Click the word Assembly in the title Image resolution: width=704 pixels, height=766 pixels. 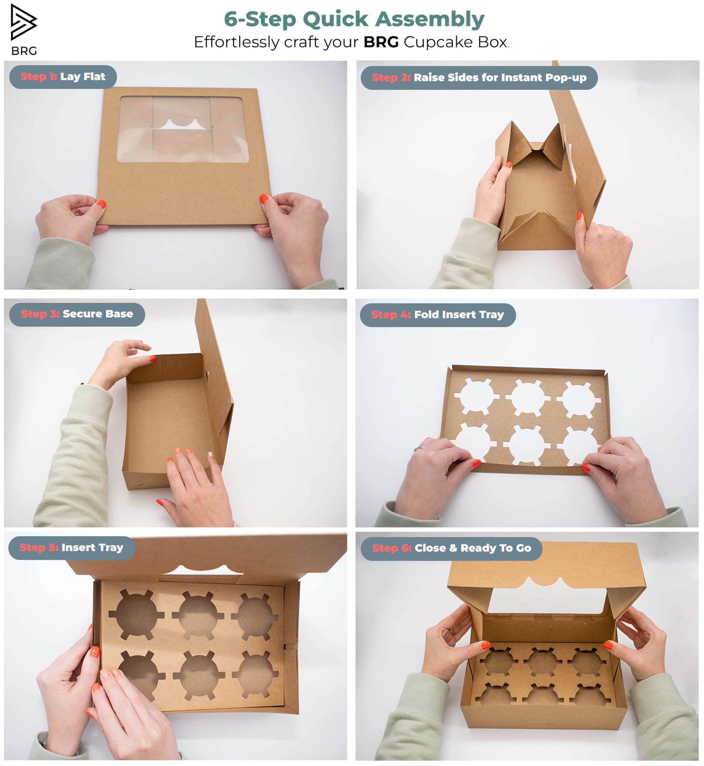430,19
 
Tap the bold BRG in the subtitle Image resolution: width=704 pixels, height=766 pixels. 381,42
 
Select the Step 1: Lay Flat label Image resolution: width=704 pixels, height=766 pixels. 63,77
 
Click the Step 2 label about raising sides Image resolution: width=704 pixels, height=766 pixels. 479,78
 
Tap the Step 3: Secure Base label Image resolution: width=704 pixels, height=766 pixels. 77,315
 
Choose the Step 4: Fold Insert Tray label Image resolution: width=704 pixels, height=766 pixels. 438,315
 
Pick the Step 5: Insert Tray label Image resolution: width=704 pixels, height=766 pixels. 71,548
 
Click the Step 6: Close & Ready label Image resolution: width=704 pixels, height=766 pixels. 451,548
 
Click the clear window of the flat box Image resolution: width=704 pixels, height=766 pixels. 182,129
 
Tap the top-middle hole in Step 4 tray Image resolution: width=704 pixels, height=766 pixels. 528,398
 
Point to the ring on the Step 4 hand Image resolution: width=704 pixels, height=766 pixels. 420,447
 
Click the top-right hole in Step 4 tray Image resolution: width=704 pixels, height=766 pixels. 579,399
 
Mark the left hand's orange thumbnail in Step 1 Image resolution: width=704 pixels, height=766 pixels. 101,204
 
